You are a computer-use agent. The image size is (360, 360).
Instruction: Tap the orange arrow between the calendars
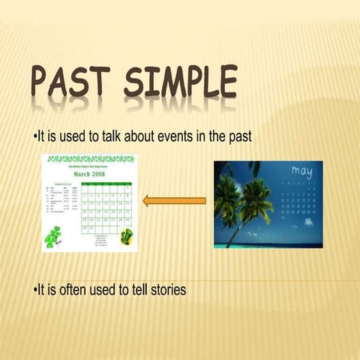pyautogui.click(x=174, y=200)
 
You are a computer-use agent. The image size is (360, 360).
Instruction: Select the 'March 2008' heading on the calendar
pyautogui.click(x=90, y=172)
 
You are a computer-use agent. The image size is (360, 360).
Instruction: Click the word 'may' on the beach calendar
pyautogui.click(x=301, y=172)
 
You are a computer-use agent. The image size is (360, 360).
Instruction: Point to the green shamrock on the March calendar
pyautogui.click(x=53, y=237)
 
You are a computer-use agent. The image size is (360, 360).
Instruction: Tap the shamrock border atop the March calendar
pyautogui.click(x=90, y=159)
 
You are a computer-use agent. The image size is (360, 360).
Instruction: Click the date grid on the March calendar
pyautogui.click(x=108, y=206)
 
